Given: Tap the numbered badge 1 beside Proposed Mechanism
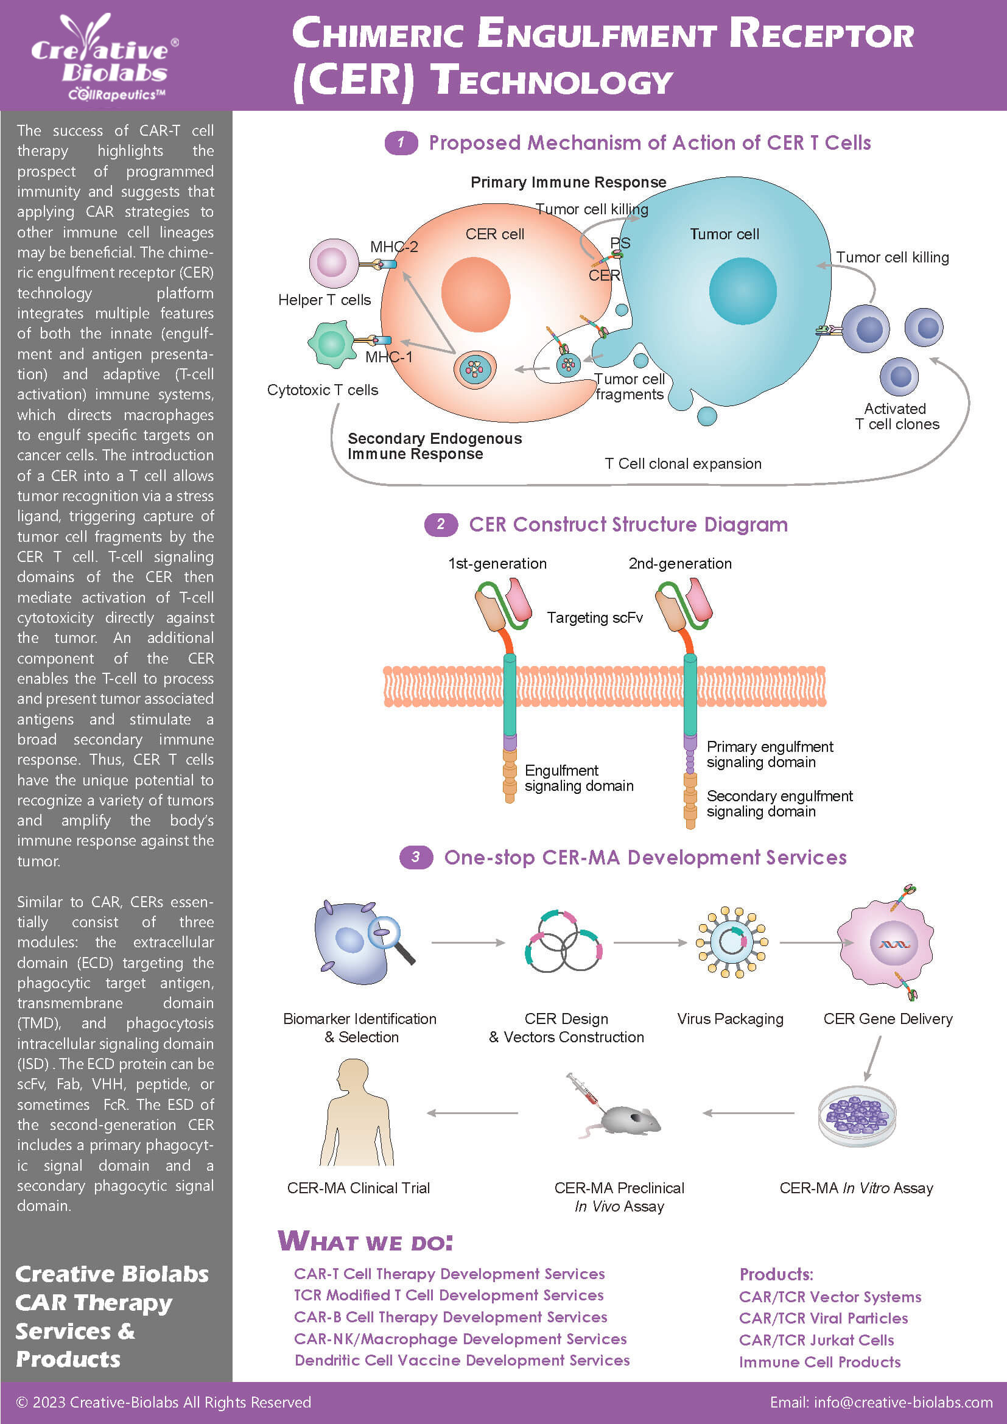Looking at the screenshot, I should pos(401,142).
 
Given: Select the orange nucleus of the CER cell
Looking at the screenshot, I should pos(475,294).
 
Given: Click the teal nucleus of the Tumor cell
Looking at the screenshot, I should pos(742,291).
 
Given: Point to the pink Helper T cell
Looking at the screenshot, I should pos(333,263).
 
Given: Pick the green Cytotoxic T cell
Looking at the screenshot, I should pos(331,343).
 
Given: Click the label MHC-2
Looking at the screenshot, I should pos(394,247).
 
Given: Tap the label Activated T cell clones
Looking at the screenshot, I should pos(896,416).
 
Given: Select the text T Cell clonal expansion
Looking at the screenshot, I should pos(682,463).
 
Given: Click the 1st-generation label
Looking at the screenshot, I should pos(497,563).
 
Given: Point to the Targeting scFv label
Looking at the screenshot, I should pos(594,617).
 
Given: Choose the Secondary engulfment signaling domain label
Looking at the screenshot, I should pos(779,803).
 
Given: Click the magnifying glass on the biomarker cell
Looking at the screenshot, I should pos(391,938).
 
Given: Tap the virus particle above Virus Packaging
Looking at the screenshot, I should pos(732,942).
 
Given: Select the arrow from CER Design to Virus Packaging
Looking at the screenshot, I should pos(650,942).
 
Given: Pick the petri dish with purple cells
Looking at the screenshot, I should pos(857,1116).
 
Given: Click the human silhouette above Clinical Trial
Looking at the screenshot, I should pos(357,1112).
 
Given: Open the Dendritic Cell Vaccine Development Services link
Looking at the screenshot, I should pos(462,1360).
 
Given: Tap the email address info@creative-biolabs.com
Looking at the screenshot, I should pos(880,1402).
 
